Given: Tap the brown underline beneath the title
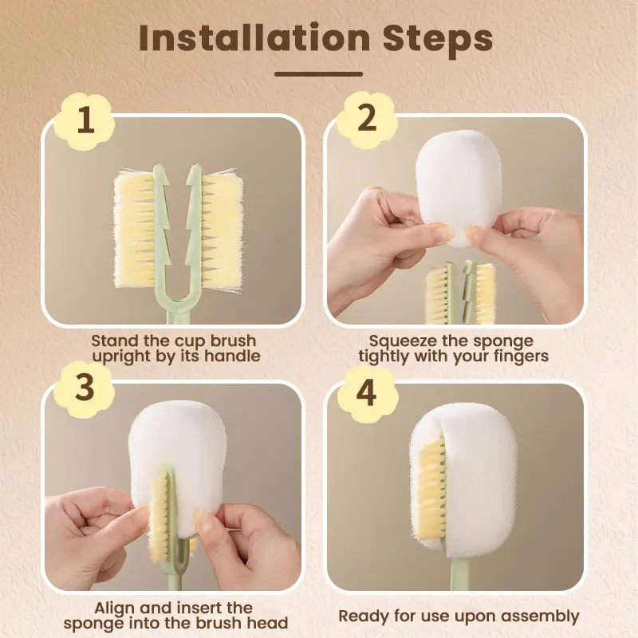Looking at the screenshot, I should (318, 74).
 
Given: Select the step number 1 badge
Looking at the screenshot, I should (85, 120).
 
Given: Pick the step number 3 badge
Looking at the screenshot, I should (85, 388).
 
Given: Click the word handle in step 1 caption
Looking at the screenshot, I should (233, 356).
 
